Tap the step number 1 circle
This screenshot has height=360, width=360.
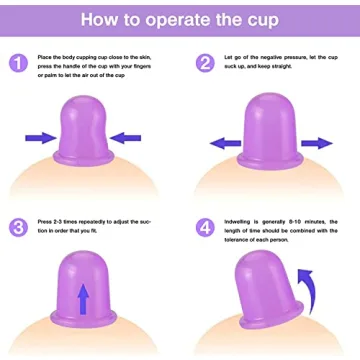click(x=18, y=63)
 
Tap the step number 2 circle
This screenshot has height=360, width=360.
click(x=205, y=63)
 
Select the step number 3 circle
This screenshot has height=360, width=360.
click(x=18, y=227)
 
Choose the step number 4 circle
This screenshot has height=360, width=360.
click(x=205, y=227)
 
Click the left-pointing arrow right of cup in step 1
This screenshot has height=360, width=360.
click(x=127, y=137)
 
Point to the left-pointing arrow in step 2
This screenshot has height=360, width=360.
click(x=226, y=142)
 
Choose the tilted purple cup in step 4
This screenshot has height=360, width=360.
click(x=268, y=295)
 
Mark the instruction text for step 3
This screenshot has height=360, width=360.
click(x=95, y=227)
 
